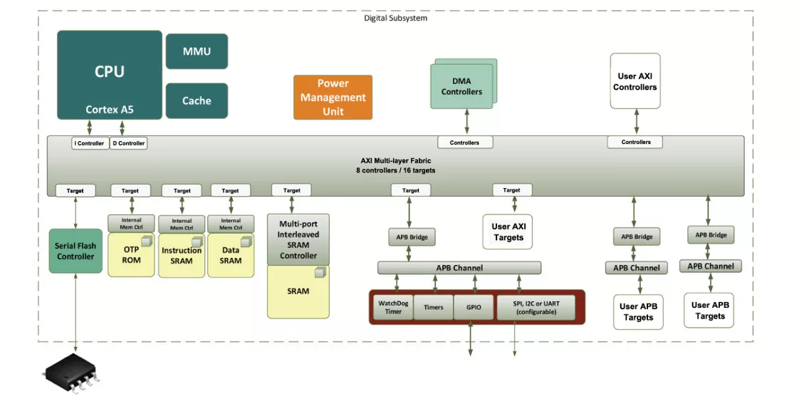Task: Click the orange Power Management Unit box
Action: (x=333, y=98)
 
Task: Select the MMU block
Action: (x=197, y=51)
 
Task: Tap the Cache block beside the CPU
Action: (x=197, y=101)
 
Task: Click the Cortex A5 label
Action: (x=110, y=110)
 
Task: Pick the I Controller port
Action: (x=90, y=143)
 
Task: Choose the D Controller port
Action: (x=129, y=143)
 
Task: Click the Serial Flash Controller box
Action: (x=75, y=251)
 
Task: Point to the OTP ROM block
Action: (x=131, y=255)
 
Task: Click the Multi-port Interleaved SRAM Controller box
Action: (x=298, y=240)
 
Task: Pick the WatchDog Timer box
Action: (x=393, y=307)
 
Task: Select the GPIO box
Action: (x=474, y=307)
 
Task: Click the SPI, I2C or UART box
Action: (x=536, y=307)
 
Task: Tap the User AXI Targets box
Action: (x=508, y=232)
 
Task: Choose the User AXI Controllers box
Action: (x=635, y=81)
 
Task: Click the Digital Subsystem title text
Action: (x=395, y=19)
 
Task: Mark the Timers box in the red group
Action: (x=434, y=307)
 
